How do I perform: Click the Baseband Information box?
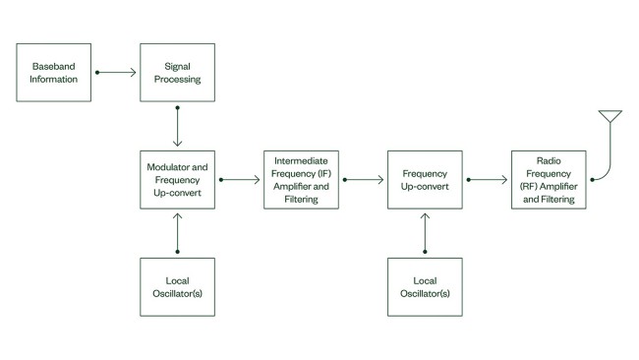click(x=54, y=72)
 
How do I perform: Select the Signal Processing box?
click(x=177, y=72)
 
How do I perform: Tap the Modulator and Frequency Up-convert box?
click(x=177, y=179)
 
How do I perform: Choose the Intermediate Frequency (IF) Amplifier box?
click(x=301, y=179)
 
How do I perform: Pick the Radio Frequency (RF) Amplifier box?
click(x=549, y=179)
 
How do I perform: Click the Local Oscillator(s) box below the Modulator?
click(x=177, y=286)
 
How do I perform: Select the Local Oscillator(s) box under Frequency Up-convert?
click(x=425, y=286)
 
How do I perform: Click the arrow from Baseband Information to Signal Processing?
click(x=116, y=72)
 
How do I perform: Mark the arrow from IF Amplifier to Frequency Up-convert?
click(x=363, y=180)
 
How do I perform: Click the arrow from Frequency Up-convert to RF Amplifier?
click(x=487, y=180)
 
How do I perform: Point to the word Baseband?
click(x=54, y=66)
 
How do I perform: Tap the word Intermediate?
click(x=301, y=159)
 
